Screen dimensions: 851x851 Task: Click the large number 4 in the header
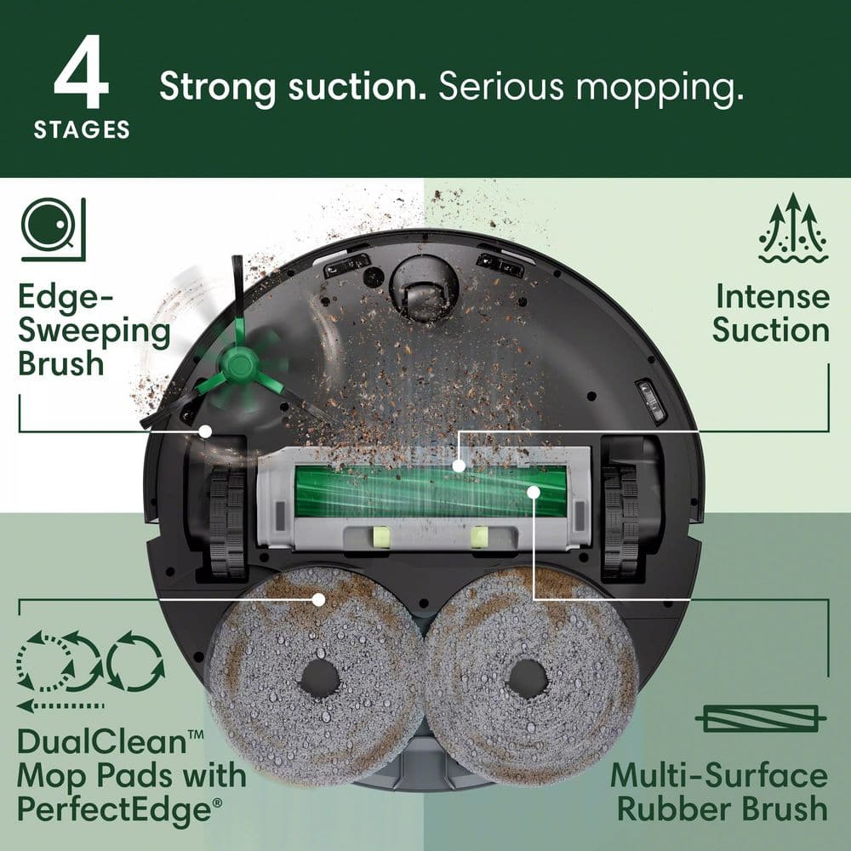tap(81, 71)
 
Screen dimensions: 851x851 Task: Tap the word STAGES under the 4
tap(82, 130)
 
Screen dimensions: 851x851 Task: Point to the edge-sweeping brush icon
tap(54, 228)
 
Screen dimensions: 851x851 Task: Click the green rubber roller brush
tap(430, 492)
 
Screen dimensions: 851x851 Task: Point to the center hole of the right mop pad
tap(527, 678)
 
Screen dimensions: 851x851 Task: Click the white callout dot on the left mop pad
tap(319, 599)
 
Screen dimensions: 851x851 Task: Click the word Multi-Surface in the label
tap(718, 775)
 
